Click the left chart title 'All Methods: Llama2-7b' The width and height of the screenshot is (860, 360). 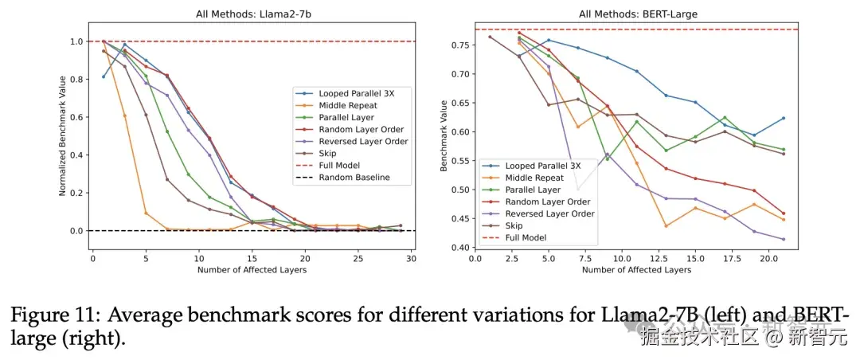point(252,14)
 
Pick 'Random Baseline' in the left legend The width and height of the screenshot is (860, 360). point(354,177)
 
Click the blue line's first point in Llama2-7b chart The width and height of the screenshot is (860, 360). point(104,76)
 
